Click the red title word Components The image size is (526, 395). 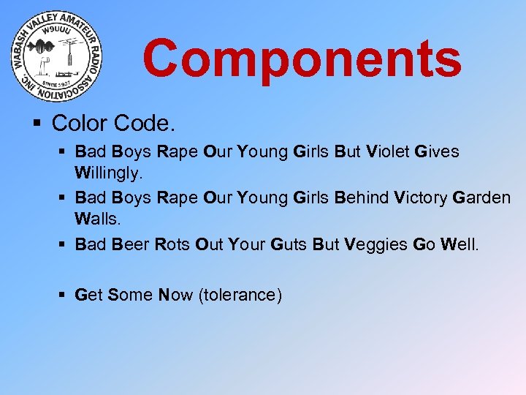[302, 59]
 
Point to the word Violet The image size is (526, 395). [389, 151]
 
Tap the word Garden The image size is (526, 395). [481, 197]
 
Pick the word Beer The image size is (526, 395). [131, 244]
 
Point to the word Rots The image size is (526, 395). [173, 244]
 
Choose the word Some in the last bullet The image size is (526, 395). [130, 295]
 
